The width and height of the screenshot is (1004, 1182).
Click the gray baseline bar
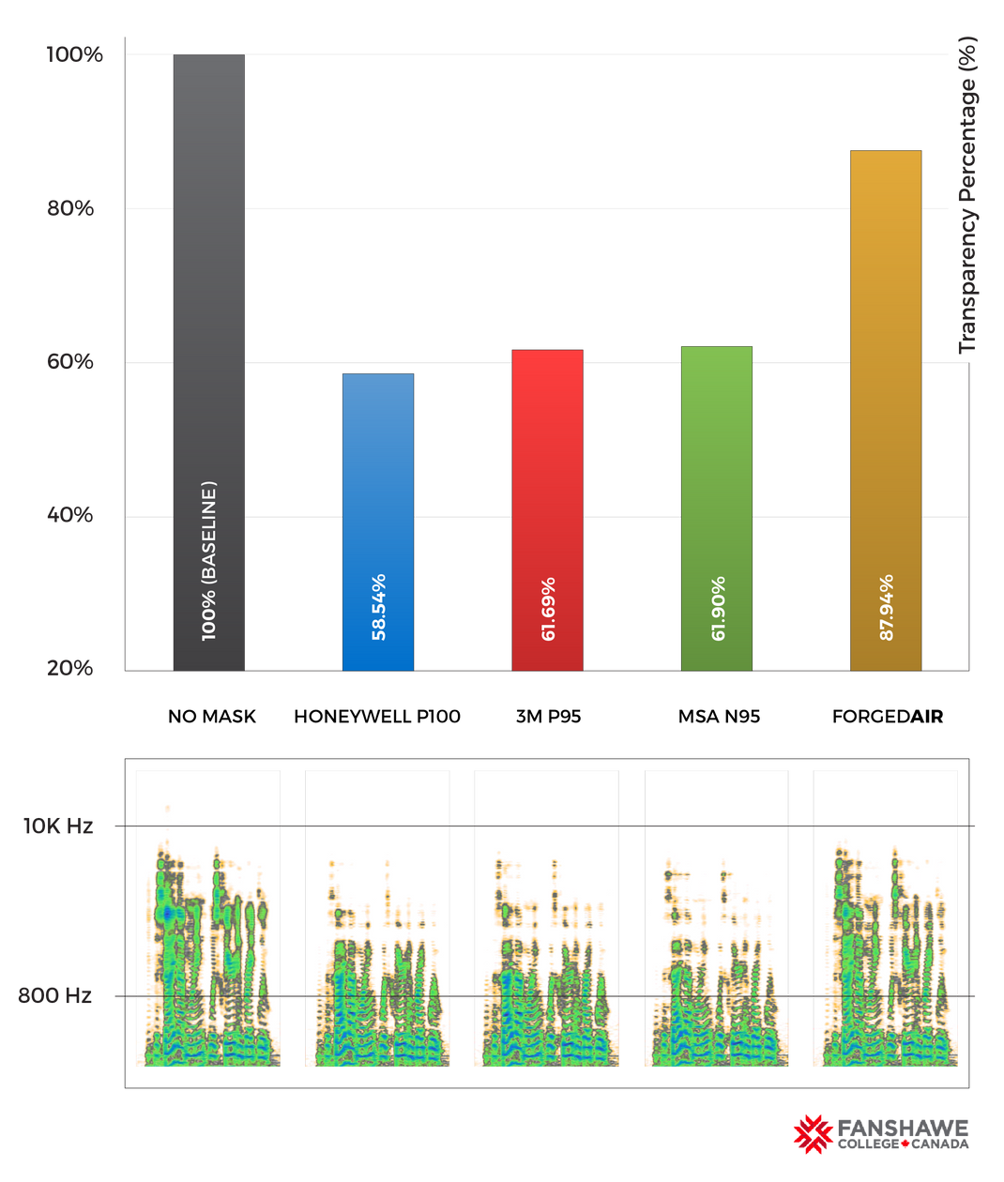(208, 281)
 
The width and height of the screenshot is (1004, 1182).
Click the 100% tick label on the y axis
(74, 54)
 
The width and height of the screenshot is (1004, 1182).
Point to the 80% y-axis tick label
(71, 208)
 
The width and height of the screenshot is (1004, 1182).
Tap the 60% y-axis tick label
(71, 362)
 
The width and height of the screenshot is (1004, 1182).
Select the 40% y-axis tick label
(71, 515)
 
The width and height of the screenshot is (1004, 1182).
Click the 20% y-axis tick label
(71, 669)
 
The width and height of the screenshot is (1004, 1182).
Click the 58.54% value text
(378, 607)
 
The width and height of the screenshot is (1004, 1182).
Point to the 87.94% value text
(886, 608)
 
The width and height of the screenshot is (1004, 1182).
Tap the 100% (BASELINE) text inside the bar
(208, 561)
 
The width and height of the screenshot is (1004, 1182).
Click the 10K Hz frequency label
(58, 826)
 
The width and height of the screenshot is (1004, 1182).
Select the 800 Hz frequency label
(55, 995)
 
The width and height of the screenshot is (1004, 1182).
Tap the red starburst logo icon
(812, 1133)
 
